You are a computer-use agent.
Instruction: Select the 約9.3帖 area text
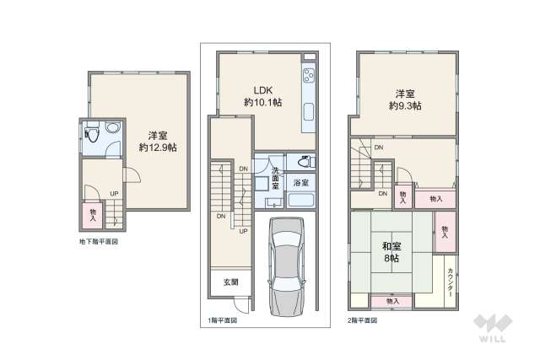[405, 106]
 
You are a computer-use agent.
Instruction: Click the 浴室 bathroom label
[300, 181]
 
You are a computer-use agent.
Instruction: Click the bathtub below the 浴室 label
[300, 201]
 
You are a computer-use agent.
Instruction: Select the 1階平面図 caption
[223, 321]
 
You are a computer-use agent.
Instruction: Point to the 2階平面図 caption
[363, 321]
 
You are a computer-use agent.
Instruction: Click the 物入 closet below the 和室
[392, 301]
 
